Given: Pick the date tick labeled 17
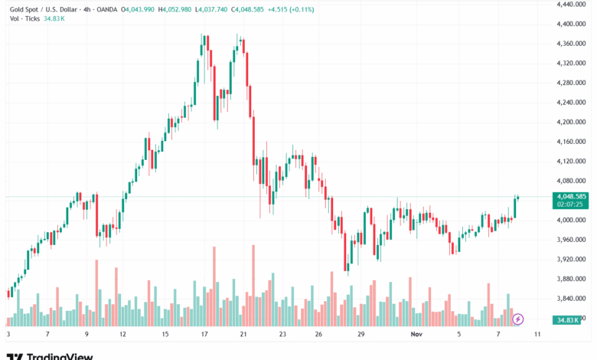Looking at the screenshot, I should [204, 335].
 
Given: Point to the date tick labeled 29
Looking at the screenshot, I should [360, 335].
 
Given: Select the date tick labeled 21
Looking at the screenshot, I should [243, 335].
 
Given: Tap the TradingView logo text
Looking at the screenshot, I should [60, 355].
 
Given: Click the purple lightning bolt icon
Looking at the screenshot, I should [518, 319].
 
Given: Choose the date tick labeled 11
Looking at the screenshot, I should [537, 335].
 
